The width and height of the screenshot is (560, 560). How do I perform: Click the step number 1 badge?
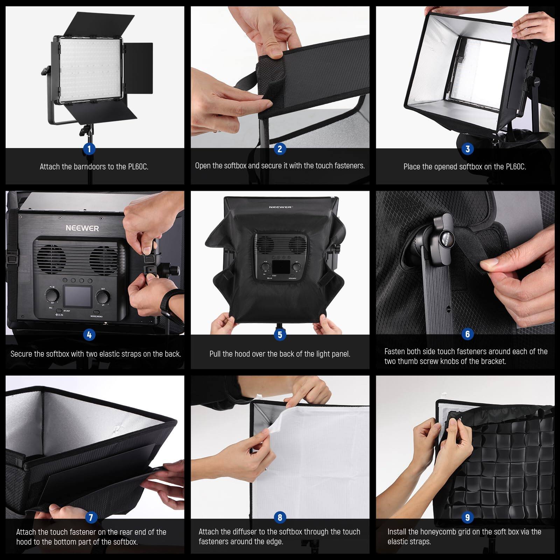coord(89,149)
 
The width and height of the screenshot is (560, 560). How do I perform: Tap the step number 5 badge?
coord(280,335)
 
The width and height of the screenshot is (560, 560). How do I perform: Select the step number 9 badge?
coord(468,517)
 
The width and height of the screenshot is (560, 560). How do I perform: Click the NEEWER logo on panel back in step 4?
coord(82,228)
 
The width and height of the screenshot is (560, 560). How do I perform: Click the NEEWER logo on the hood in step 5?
coord(280,207)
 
